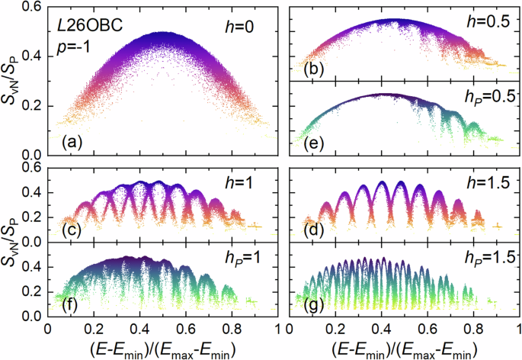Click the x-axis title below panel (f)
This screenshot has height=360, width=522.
[x=160, y=346]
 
